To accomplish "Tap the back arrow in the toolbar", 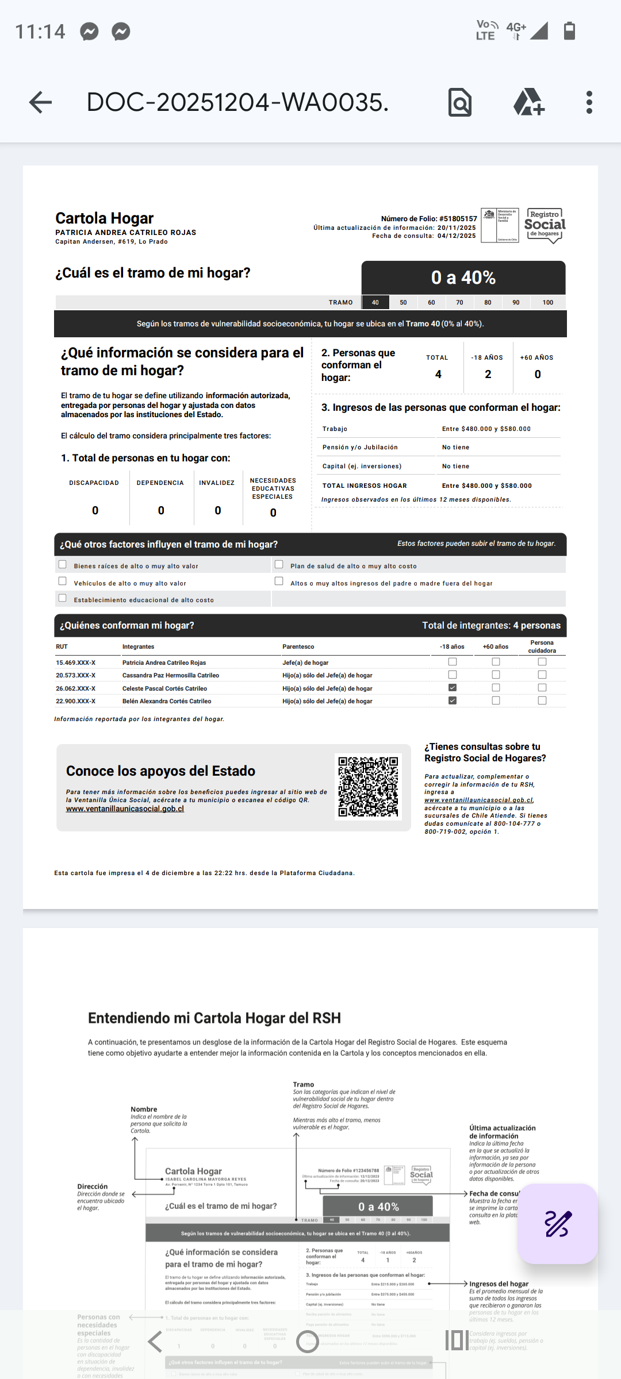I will [40, 103].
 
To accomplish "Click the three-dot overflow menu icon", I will [589, 103].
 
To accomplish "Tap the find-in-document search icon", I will [460, 103].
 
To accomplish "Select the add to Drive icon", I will [528, 103].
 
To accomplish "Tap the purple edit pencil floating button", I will [557, 1223].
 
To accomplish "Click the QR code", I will [368, 787].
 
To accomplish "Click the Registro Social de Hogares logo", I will [545, 225].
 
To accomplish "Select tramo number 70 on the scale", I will [459, 302].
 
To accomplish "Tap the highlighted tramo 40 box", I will [375, 302].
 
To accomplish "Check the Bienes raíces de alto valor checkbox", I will [63, 565].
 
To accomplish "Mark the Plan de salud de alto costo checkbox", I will [279, 565].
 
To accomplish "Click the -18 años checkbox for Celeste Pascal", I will [453, 688].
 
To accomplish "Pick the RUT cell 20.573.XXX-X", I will [76, 676].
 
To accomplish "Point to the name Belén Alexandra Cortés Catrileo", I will [167, 702].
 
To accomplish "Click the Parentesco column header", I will [298, 647].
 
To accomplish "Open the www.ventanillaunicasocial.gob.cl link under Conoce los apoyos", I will [125, 809].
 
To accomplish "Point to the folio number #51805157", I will [458, 219].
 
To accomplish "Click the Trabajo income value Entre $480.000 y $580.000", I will [486, 429].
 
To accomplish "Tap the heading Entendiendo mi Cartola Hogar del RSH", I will [214, 1018].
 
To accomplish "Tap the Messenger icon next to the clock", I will [89, 31].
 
